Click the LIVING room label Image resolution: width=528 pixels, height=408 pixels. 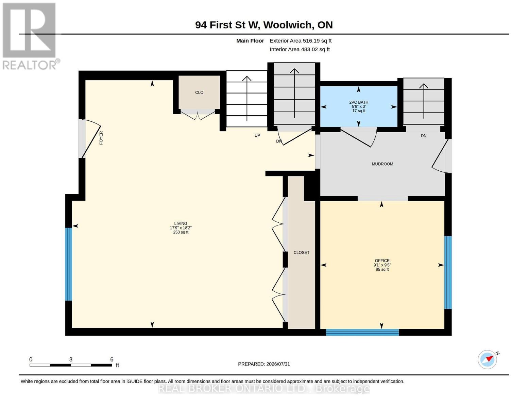point(181,223)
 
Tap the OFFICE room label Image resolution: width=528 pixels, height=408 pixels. point(382,260)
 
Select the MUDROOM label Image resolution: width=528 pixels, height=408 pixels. point(382,164)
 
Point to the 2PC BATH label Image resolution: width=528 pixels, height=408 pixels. point(359,102)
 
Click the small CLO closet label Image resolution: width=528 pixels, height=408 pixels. point(199,92)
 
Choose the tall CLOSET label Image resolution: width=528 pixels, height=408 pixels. point(301,253)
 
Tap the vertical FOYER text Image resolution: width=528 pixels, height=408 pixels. point(101,138)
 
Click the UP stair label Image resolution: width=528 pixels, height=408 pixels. point(257,135)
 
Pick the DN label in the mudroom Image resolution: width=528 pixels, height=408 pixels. point(424,136)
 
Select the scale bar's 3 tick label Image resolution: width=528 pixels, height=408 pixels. point(71,359)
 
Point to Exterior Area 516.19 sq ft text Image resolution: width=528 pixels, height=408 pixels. point(301,41)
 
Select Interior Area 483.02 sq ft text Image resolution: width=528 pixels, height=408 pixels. point(300,49)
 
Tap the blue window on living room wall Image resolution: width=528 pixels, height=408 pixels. point(69,264)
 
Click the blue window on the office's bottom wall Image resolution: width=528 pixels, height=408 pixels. point(362,332)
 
